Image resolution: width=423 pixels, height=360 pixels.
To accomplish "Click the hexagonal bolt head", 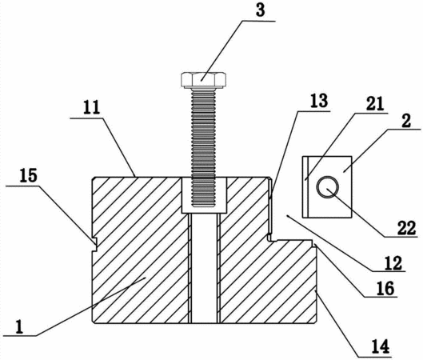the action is click(203, 80).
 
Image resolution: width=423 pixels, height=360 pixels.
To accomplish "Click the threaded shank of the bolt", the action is click(203, 148).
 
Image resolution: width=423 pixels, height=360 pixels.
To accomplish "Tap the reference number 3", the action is click(260, 10).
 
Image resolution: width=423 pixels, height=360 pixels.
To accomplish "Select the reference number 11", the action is click(92, 108).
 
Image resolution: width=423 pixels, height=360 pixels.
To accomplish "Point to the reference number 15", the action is click(28, 175).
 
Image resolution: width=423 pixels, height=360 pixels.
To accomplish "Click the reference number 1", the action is click(19, 327).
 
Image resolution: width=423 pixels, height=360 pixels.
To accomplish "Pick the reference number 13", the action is click(319, 101).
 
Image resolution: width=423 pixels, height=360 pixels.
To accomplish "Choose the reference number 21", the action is click(375, 104).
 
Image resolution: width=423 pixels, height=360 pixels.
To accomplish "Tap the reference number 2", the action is click(406, 121).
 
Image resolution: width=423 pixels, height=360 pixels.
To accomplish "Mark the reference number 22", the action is click(406, 228).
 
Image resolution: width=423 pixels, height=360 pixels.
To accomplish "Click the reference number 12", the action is click(393, 263).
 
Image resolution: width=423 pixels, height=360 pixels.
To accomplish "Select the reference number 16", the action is click(385, 288).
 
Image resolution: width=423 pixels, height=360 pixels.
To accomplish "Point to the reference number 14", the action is click(381, 346).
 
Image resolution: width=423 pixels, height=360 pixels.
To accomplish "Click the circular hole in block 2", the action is click(328, 187).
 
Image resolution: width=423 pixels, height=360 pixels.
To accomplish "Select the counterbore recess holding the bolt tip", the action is click(204, 195).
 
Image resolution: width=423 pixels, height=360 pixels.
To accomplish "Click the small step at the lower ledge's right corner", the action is click(314, 243).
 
